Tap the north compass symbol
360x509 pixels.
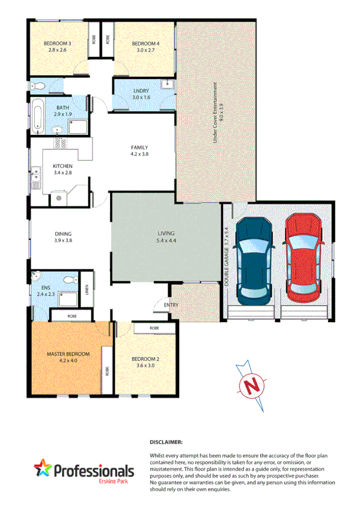coord(254,383)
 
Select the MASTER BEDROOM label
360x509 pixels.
coord(68,354)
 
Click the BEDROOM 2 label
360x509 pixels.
coord(145,359)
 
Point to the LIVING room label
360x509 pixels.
coord(165,233)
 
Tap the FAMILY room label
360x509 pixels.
coord(139,148)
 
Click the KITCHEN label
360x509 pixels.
coord(63,166)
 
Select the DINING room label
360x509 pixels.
coord(63,234)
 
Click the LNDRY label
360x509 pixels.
coord(140,91)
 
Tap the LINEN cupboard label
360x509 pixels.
coord(87,290)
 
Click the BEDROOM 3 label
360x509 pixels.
coord(57,43)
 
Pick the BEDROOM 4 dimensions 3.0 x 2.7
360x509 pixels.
coord(145,50)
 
